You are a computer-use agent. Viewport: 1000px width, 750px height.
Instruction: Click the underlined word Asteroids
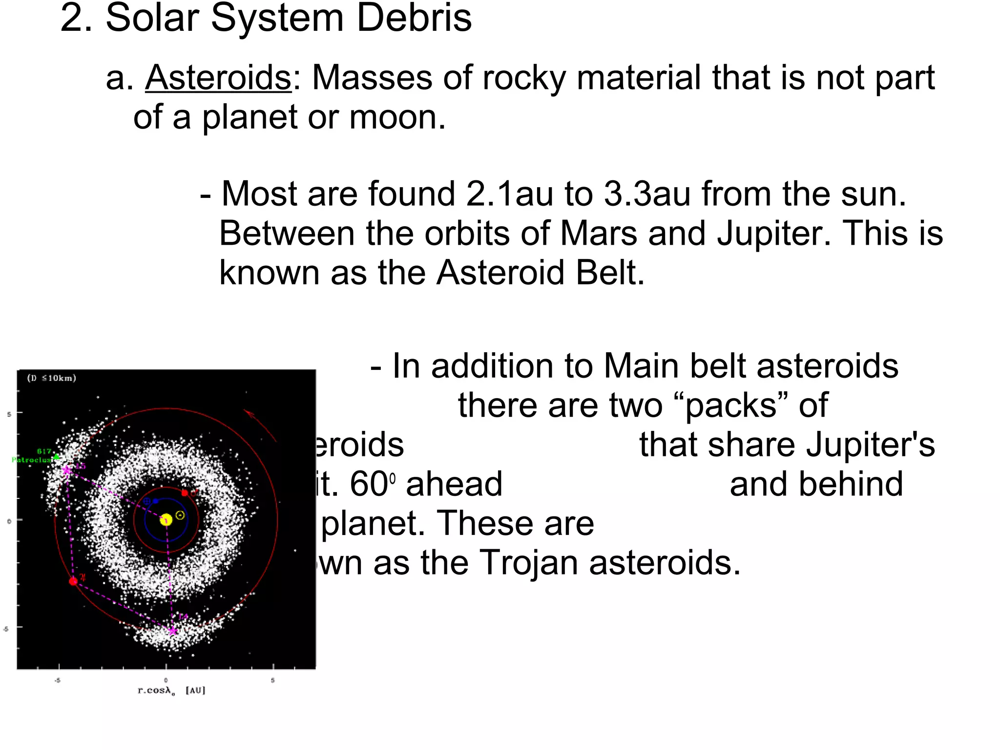pyautogui.click(x=218, y=78)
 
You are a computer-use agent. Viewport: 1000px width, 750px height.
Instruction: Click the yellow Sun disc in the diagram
pyautogui.click(x=166, y=520)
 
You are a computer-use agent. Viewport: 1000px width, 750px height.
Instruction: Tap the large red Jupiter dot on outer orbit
pyautogui.click(x=73, y=581)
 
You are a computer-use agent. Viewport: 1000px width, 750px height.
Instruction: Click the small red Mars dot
pyautogui.click(x=185, y=493)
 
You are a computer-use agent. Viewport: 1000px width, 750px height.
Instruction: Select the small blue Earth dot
pyautogui.click(x=155, y=501)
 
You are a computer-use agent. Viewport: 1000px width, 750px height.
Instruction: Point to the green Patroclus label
pyautogui.click(x=32, y=460)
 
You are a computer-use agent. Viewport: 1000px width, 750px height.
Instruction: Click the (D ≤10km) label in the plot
pyautogui.click(x=51, y=378)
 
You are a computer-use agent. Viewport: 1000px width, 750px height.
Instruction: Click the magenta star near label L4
pyautogui.click(x=172, y=631)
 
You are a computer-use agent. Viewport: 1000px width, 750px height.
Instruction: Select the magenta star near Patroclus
pyautogui.click(x=67, y=471)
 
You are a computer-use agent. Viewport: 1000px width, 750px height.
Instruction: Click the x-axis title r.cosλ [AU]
pyautogui.click(x=171, y=690)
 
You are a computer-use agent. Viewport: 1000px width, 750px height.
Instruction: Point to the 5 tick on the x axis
pyautogui.click(x=272, y=680)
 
